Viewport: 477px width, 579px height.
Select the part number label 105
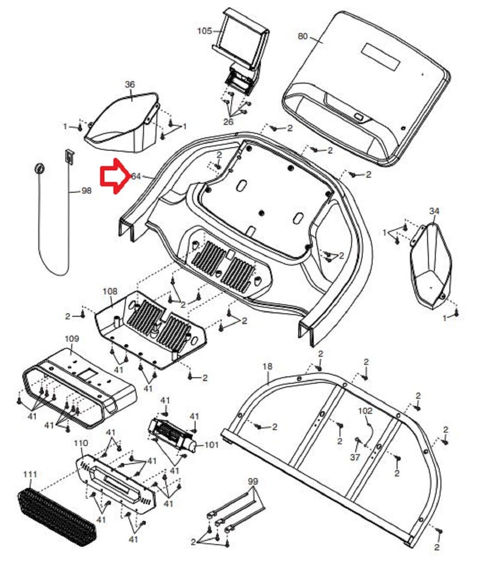click(205, 31)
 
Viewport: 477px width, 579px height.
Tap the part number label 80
click(303, 36)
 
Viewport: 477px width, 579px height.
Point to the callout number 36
click(130, 85)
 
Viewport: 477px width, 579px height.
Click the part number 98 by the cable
click(86, 191)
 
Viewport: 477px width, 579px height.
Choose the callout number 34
click(434, 211)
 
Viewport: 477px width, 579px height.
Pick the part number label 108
click(110, 291)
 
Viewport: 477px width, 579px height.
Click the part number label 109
click(72, 339)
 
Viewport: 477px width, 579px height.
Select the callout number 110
click(81, 443)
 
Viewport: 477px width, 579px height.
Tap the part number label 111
click(30, 474)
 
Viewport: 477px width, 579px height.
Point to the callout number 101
click(211, 445)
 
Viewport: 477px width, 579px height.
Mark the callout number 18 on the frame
click(267, 366)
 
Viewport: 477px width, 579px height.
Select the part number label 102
click(365, 411)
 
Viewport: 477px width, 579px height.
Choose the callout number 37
click(355, 458)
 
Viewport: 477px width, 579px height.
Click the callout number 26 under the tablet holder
click(228, 122)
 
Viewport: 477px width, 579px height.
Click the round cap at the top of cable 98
click(39, 168)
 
